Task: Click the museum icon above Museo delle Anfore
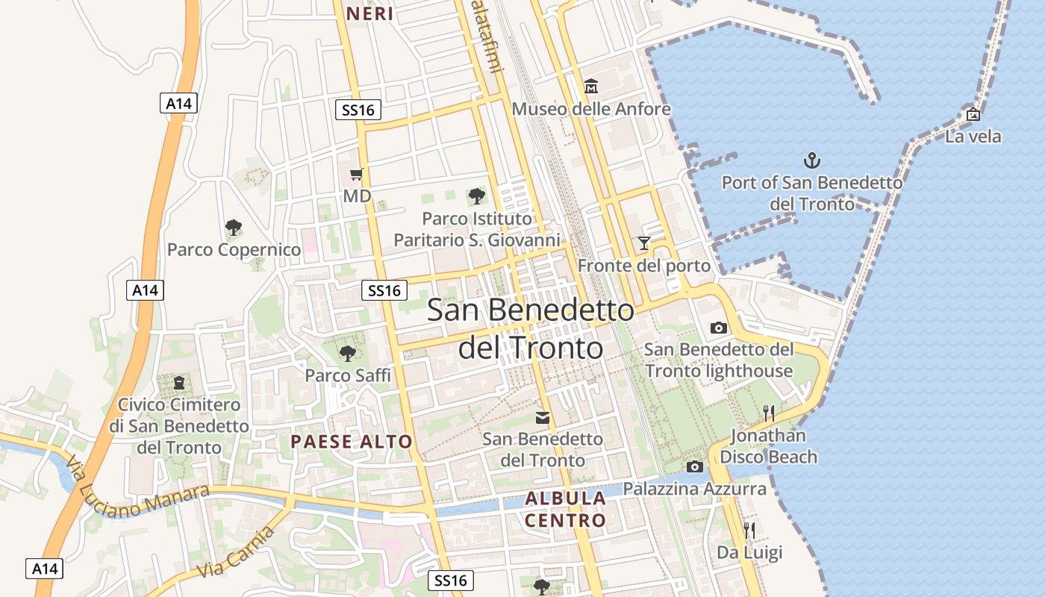pyautogui.click(x=591, y=87)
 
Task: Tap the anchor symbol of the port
pyautogui.click(x=811, y=160)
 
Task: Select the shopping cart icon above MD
pyautogui.click(x=357, y=174)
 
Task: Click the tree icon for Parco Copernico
pyautogui.click(x=234, y=227)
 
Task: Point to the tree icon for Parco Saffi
pyautogui.click(x=347, y=353)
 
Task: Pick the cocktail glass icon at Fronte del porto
pyautogui.click(x=643, y=243)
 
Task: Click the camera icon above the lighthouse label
pyautogui.click(x=718, y=328)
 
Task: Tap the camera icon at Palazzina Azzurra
pyautogui.click(x=694, y=466)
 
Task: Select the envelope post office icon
pyautogui.click(x=543, y=418)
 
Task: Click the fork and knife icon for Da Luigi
pyautogui.click(x=749, y=531)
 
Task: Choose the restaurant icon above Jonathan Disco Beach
pyautogui.click(x=769, y=413)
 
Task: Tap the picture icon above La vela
pyautogui.click(x=973, y=115)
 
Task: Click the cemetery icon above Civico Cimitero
pyautogui.click(x=179, y=384)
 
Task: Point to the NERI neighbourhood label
pyautogui.click(x=370, y=13)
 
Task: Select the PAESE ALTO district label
pyautogui.click(x=352, y=441)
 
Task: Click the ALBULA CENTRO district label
pyautogui.click(x=565, y=509)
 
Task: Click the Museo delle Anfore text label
pyautogui.click(x=591, y=109)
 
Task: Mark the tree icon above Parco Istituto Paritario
pyautogui.click(x=476, y=196)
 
